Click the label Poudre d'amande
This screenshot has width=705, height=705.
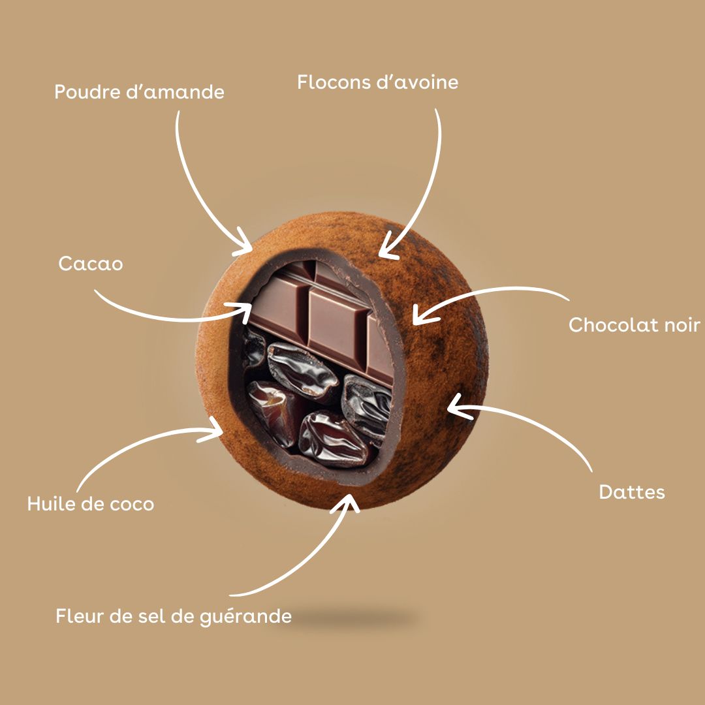click(x=140, y=92)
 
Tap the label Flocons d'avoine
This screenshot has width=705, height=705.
click(x=378, y=82)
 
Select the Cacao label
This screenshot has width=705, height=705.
click(x=90, y=264)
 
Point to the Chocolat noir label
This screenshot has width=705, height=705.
click(x=634, y=324)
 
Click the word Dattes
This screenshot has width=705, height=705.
click(x=632, y=492)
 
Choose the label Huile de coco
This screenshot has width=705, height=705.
click(x=90, y=503)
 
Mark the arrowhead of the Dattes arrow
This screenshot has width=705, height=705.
click(x=456, y=407)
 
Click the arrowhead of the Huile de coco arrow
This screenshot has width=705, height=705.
click(x=213, y=430)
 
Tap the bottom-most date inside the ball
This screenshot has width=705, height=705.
click(x=333, y=439)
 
